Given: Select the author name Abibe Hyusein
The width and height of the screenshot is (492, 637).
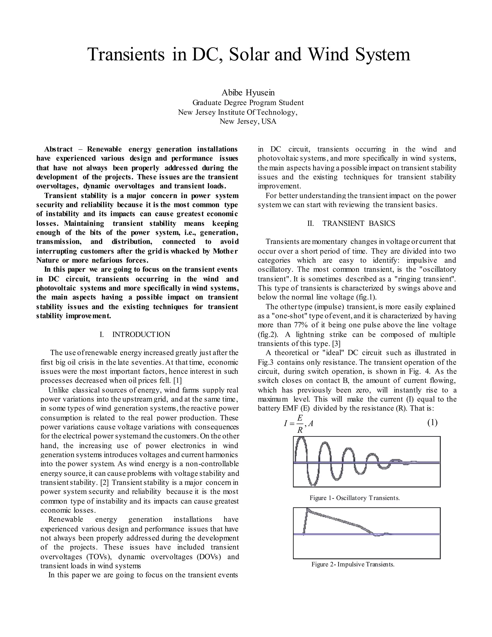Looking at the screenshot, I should [x=248, y=93].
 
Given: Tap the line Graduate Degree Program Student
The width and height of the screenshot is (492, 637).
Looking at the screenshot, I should [x=248, y=103].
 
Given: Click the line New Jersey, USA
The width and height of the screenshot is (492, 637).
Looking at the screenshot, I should [x=248, y=121].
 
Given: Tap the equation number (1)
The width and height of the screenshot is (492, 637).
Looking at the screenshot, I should [x=432, y=423].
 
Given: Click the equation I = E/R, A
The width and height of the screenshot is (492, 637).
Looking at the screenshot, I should [x=298, y=423].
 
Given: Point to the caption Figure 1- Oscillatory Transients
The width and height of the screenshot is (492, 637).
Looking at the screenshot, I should [x=354, y=498].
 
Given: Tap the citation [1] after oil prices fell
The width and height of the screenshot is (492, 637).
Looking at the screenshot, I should [x=177, y=381].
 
